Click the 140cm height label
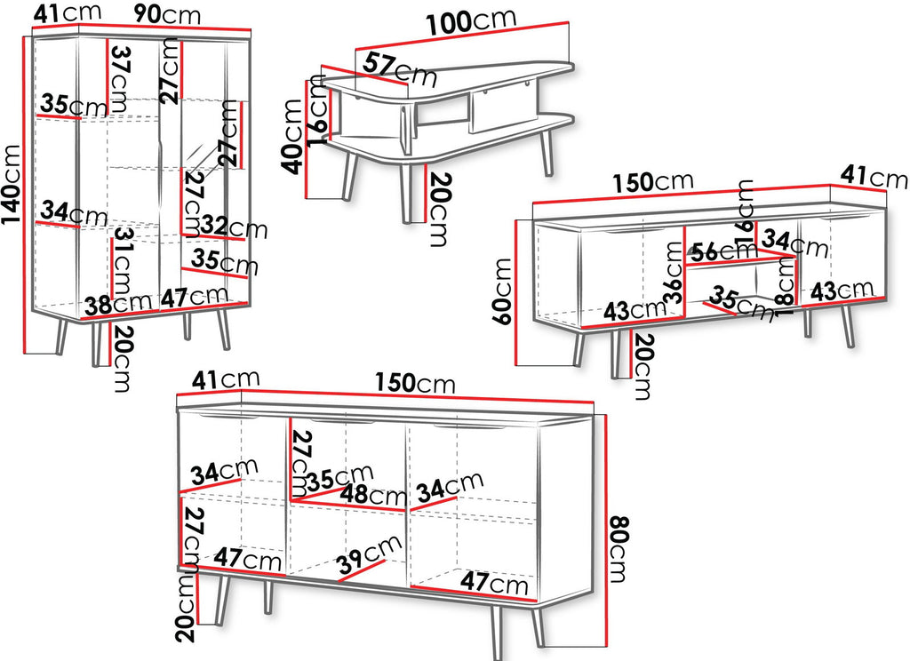pyautogui.click(x=12, y=184)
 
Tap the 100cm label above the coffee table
pyautogui.click(x=471, y=21)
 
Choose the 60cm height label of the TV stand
pyautogui.click(x=503, y=291)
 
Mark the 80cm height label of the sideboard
pyautogui.click(x=619, y=548)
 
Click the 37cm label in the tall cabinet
pyautogui.click(x=120, y=78)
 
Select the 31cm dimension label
pyautogui.click(x=122, y=262)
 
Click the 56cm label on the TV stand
pyautogui.click(x=723, y=251)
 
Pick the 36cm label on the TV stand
pyautogui.click(x=674, y=273)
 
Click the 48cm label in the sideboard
pyautogui.click(x=372, y=495)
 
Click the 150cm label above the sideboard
pyautogui.click(x=414, y=383)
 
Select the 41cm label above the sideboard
pyautogui.click(x=225, y=380)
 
